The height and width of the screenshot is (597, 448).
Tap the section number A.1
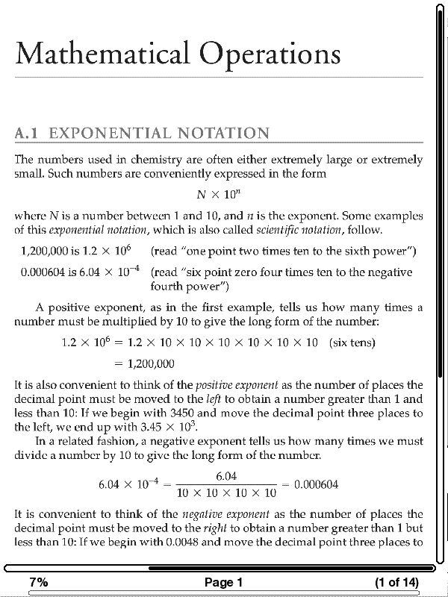30,134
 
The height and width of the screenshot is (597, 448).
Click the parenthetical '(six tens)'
352,343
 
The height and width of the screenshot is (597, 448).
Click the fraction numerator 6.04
226,476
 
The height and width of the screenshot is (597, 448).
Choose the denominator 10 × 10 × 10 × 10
226,493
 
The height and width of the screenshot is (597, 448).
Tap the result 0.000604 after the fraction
317,484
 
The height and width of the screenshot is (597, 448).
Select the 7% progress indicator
39,582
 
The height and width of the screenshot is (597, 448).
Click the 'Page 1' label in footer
223,582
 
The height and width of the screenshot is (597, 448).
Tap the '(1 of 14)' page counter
396,582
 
